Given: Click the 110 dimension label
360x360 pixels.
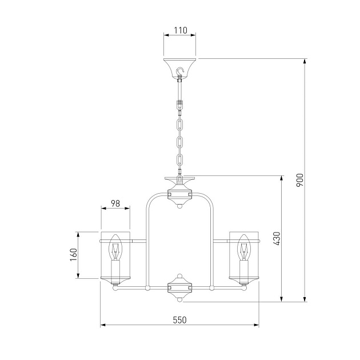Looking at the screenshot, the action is tap(181, 30).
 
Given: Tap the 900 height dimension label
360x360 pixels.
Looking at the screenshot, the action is tap(299, 180).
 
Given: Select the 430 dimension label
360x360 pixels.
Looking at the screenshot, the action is tap(277, 239).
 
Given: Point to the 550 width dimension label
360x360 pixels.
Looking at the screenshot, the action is tap(180, 320).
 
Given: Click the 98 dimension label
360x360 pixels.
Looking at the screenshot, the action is tap(115, 203).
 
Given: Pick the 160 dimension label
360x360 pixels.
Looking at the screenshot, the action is tap(74, 255).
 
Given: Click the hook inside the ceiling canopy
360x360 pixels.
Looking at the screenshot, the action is tap(180, 71).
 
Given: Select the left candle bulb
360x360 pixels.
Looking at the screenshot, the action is tap(115, 247).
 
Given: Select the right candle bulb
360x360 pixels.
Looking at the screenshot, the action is tap(244, 247).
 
